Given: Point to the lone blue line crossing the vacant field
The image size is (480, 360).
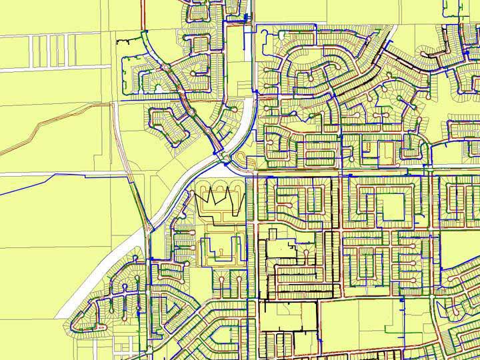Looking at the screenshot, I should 60,177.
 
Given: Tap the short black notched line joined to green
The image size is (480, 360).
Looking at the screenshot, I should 123,43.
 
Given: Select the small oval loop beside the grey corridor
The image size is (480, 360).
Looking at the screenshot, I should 240,158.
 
